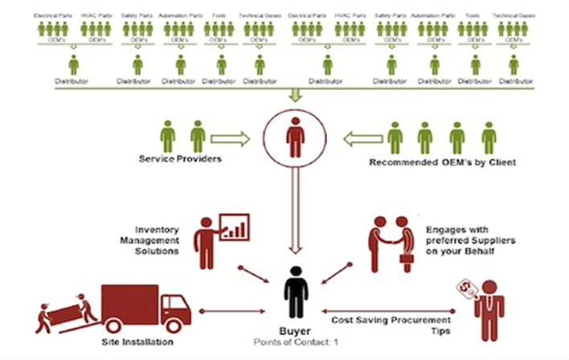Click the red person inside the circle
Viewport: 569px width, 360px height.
[296, 137]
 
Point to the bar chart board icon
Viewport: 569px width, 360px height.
[235, 227]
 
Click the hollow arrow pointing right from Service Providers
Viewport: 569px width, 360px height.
[231, 139]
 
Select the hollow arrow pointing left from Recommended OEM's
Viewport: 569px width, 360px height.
[362, 139]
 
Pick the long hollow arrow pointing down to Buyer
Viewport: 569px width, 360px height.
[296, 213]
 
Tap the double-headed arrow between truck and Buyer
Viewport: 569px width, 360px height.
[234, 310]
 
